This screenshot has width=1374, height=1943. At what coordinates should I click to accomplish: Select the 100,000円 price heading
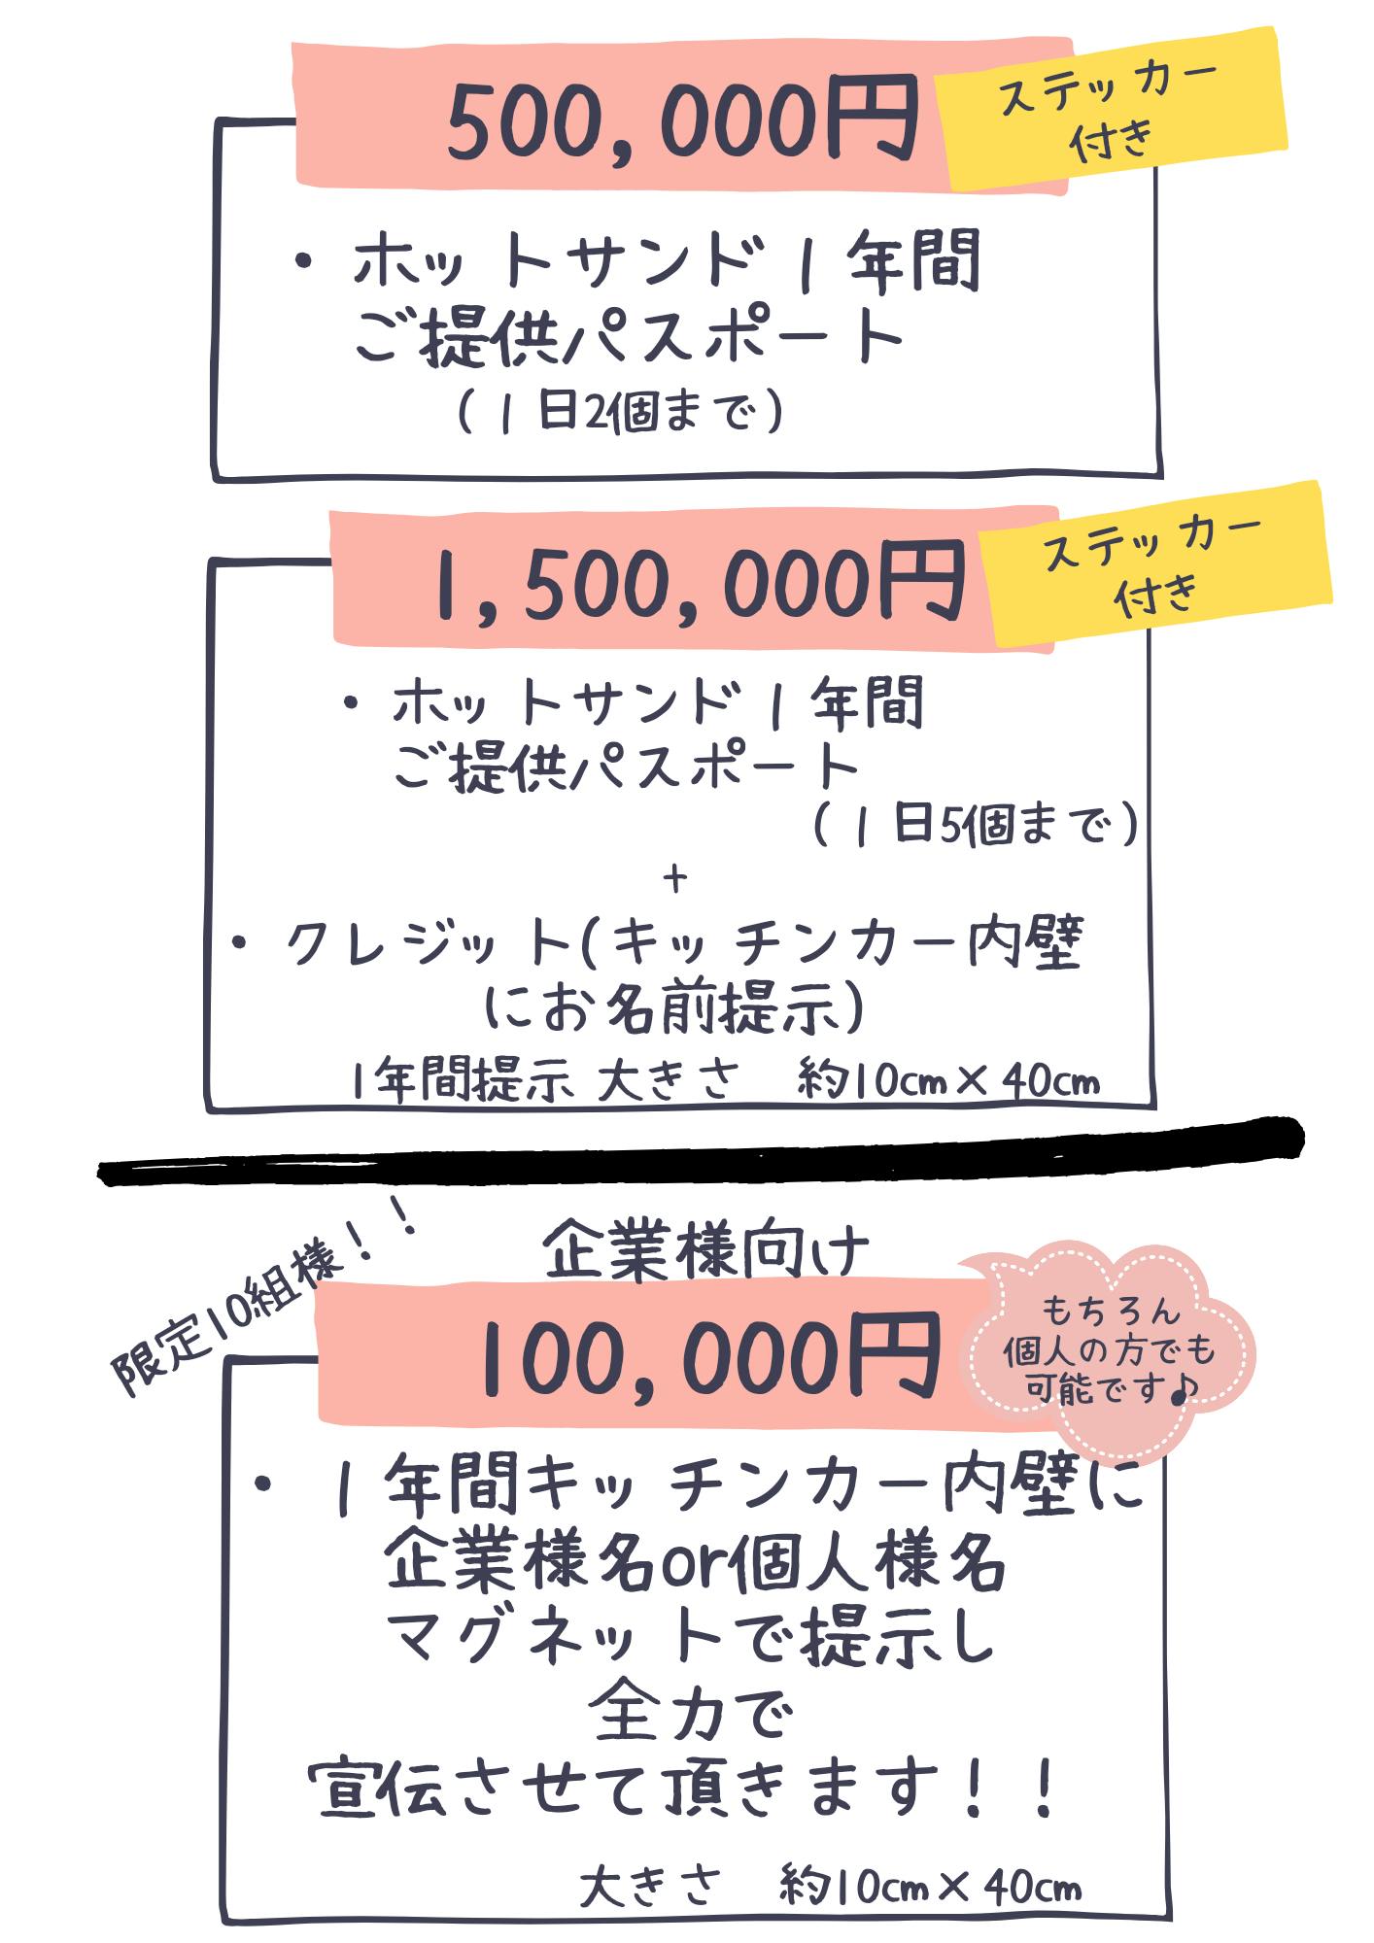[709, 1354]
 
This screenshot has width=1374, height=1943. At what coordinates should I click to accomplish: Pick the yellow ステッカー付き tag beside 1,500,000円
[1153, 563]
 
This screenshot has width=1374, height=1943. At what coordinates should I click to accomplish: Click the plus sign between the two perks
[674, 878]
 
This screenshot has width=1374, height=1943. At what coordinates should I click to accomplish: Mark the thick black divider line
[702, 1151]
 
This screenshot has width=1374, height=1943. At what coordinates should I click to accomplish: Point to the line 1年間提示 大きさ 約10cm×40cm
[725, 1080]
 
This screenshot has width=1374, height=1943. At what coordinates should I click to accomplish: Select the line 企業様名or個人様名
[695, 1564]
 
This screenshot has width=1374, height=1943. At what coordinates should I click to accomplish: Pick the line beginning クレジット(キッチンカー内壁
[657, 941]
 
